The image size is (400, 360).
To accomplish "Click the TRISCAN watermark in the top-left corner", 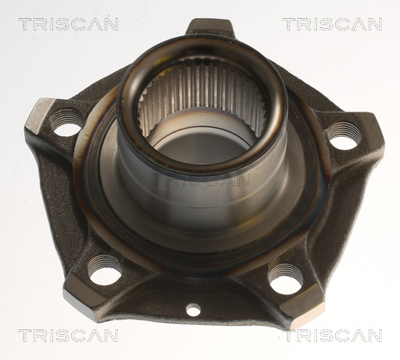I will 68,24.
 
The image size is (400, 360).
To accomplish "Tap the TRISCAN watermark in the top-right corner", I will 332,24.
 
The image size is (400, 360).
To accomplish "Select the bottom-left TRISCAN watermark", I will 68,336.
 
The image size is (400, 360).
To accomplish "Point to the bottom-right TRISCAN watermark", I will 332,336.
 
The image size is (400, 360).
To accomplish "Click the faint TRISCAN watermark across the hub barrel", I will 201,180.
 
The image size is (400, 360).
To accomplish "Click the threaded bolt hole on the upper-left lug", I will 65,122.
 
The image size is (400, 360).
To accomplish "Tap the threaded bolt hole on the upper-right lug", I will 343,135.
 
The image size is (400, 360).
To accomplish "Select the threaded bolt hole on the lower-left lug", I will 105,268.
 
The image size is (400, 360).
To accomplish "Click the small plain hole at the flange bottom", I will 193,310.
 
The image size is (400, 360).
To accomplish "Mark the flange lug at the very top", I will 211,27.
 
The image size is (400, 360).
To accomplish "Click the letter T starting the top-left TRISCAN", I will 24,24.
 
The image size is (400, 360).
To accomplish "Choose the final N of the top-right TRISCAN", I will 375,24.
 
